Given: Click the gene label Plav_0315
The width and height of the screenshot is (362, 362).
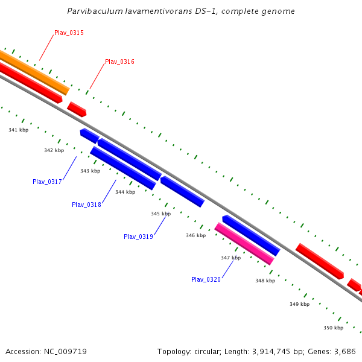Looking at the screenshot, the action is [x=69, y=33].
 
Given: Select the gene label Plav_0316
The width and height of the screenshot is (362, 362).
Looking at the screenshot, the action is [x=119, y=62].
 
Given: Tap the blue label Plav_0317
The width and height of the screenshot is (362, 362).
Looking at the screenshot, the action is [x=47, y=182].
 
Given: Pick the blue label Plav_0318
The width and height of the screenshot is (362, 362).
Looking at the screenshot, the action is [x=86, y=205].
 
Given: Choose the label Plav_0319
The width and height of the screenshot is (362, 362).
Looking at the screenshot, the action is [x=138, y=237].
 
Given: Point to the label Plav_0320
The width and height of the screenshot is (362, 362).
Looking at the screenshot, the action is [x=206, y=279].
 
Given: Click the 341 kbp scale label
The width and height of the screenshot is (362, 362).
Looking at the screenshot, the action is [x=19, y=130].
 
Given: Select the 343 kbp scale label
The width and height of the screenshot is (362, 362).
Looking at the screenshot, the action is [x=90, y=171].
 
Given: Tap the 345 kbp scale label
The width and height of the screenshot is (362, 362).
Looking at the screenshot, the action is [x=160, y=214].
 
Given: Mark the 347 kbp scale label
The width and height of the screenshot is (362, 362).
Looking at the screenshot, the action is [x=230, y=258].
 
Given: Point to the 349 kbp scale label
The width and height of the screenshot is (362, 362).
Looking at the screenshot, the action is [x=299, y=304].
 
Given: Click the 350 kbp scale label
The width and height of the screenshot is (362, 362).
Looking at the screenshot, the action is [x=333, y=328].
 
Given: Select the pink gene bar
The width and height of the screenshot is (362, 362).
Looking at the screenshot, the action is [x=244, y=243].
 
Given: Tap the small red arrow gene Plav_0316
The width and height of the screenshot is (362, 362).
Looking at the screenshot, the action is [x=77, y=109].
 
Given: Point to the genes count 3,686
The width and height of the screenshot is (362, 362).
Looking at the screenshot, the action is [x=344, y=351].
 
